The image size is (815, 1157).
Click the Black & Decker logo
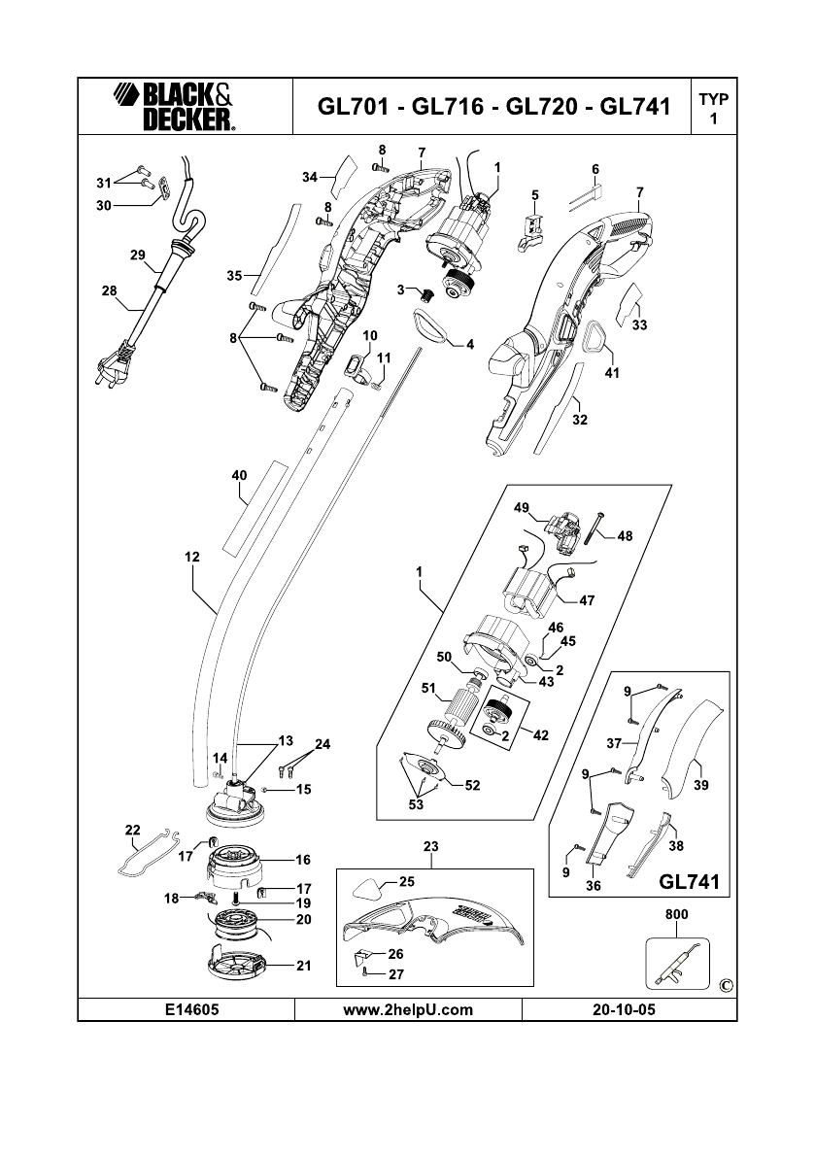click(x=172, y=106)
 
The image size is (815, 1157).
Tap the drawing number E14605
click(x=185, y=1009)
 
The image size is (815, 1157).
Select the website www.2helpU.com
click(x=408, y=1009)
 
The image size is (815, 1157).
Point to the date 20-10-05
click(x=623, y=1009)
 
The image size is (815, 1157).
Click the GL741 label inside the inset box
click(x=688, y=883)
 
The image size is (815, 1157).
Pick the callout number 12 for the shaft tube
click(x=191, y=558)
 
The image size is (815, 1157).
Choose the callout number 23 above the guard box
click(x=431, y=847)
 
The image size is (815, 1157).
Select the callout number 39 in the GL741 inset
click(x=700, y=786)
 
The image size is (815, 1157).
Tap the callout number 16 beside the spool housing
click(x=302, y=860)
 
